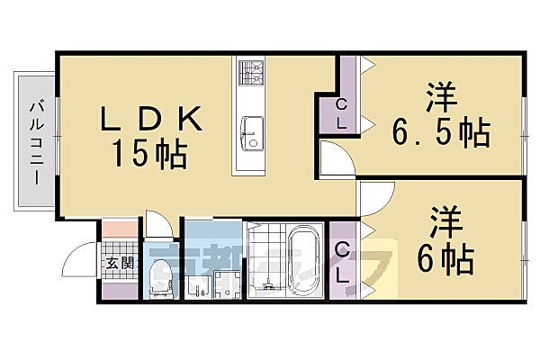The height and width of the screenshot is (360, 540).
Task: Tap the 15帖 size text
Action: (149, 154)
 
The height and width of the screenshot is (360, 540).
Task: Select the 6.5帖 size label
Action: (440, 133)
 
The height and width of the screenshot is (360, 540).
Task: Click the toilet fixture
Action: (162, 277)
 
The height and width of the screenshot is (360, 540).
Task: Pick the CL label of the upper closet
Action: (341, 114)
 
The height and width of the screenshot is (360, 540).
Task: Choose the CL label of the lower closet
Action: (342, 261)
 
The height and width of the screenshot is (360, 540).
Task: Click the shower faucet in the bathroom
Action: (265, 286)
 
